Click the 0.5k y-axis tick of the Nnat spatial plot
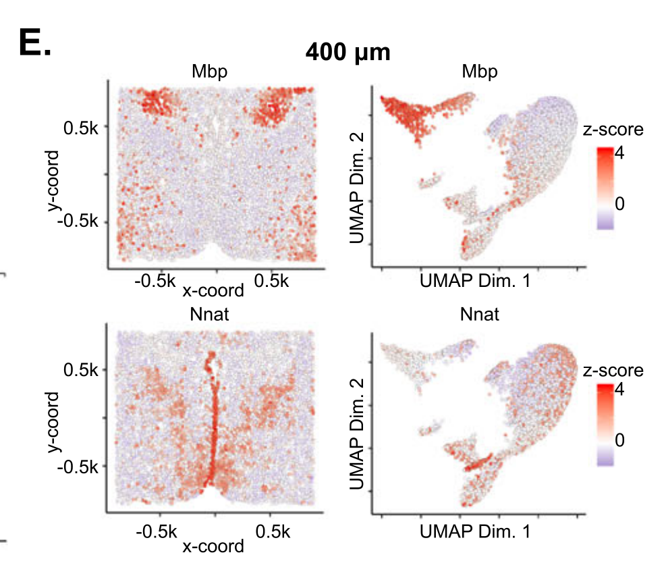point(80,370)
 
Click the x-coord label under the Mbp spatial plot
point(213,291)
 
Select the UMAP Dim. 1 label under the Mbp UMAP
point(475,281)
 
